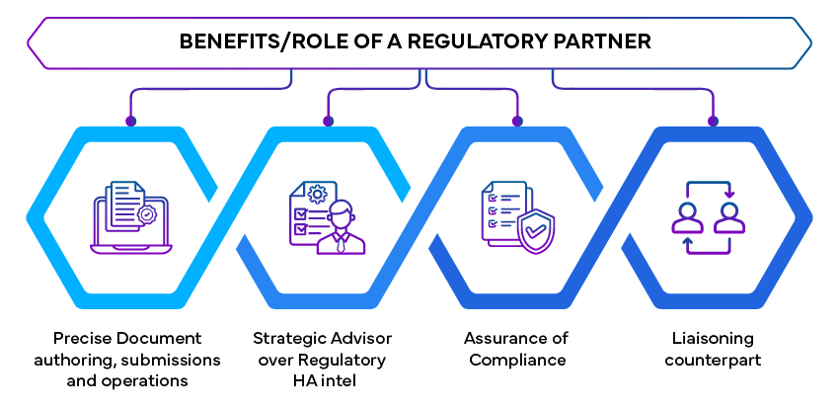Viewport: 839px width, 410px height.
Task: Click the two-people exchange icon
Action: [x=708, y=218]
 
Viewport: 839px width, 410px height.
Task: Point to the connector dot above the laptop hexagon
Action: [x=129, y=123]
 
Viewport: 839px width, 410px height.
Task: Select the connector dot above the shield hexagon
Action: [x=516, y=123]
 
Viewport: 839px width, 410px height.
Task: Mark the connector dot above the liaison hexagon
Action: [x=711, y=123]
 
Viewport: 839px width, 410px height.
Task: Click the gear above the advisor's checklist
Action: [x=318, y=193]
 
